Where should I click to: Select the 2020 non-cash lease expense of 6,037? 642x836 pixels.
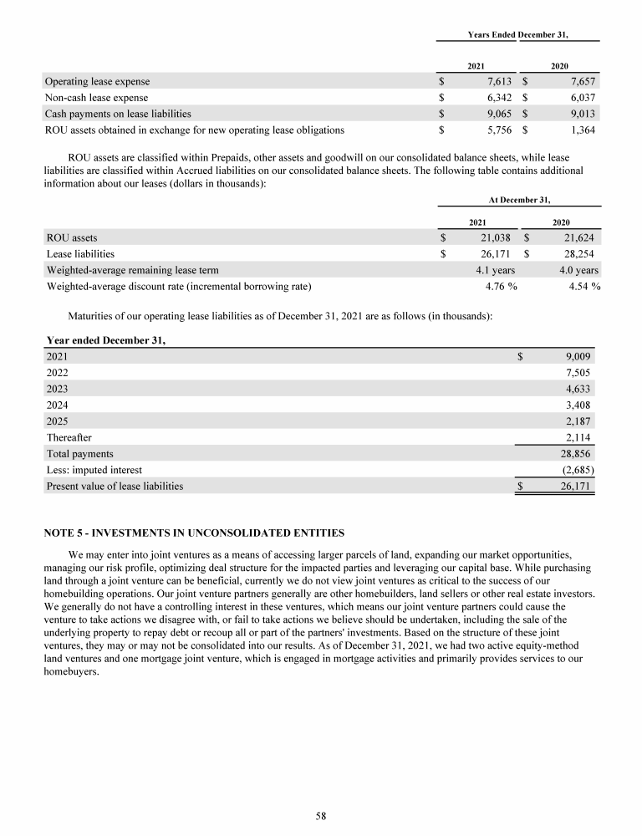[x=582, y=98]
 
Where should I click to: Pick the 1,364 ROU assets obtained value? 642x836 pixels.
[x=582, y=130]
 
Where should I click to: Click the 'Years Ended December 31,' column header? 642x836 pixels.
[x=517, y=34]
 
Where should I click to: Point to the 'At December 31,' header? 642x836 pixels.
[x=517, y=200]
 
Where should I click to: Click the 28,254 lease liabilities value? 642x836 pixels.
[x=579, y=253]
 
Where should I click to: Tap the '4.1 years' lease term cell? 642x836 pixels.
[x=494, y=270]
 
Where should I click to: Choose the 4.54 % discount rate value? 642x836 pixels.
[x=583, y=287]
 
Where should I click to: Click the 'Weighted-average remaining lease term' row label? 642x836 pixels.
[x=134, y=270]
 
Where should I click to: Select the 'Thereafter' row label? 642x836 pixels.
[x=69, y=437]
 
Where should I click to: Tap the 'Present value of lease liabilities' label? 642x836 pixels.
[x=115, y=485]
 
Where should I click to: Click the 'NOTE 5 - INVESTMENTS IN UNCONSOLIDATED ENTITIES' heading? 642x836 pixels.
[x=193, y=533]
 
